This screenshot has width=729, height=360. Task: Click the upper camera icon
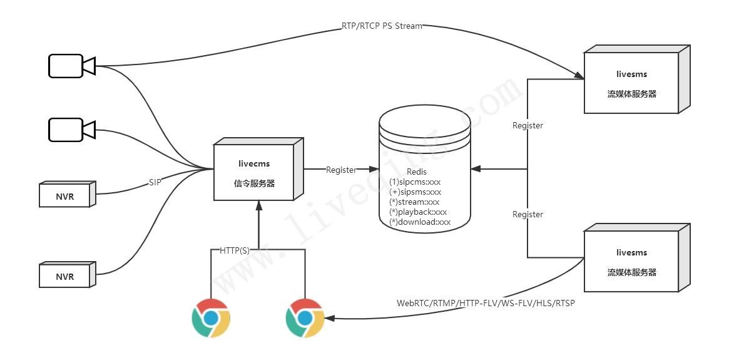pos(71,66)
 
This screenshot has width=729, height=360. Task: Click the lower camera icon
pos(71,130)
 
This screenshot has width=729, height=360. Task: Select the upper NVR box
pos(65,196)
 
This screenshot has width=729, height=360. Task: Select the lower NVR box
pos(65,276)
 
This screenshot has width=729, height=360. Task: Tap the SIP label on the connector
pos(155,182)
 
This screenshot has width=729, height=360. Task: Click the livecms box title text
pos(254,163)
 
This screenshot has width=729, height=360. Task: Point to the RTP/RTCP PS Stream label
pos(382,26)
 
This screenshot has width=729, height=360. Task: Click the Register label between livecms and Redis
pos(341,170)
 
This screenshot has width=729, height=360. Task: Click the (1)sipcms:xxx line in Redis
pos(415,182)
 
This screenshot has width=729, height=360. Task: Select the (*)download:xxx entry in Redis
pos(420,222)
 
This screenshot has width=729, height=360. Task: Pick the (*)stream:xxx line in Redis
pos(414,202)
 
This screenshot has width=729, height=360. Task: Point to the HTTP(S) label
pos(235,250)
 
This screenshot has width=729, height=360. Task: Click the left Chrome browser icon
pos(211,318)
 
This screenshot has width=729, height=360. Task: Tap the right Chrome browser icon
pos(305,318)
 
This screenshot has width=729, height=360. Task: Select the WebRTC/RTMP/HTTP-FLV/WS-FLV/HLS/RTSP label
pos(486,304)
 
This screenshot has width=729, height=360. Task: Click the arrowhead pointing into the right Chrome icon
pos(330,319)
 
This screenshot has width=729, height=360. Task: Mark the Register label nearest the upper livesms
pos(528,126)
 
